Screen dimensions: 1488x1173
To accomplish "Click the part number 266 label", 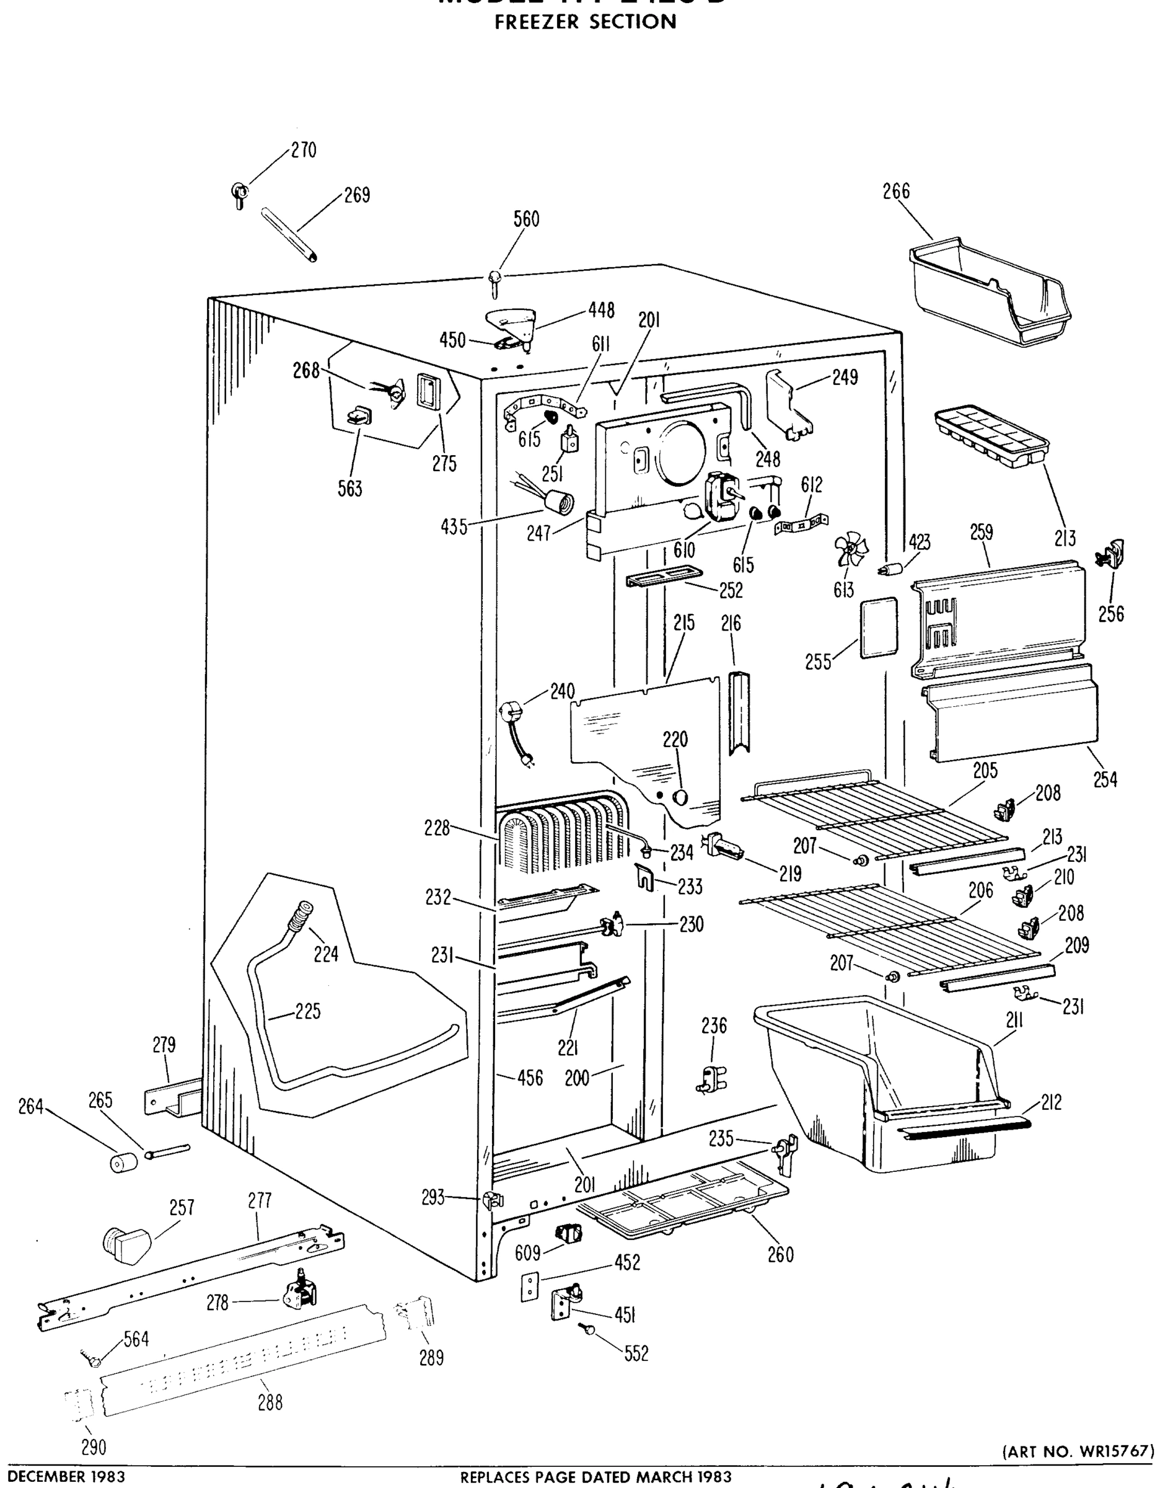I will pyautogui.click(x=896, y=191).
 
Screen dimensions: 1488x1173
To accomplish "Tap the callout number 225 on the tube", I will pyautogui.click(x=308, y=1012).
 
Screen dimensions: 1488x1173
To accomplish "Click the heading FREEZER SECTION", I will pyautogui.click(x=586, y=22).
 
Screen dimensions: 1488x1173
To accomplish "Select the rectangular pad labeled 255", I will pyautogui.click(x=879, y=628).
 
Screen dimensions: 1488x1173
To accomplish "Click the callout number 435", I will pyautogui.click(x=454, y=528).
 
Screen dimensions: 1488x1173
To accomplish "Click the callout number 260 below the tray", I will pyautogui.click(x=780, y=1255).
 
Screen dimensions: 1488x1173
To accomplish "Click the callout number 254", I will pyautogui.click(x=1105, y=780).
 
